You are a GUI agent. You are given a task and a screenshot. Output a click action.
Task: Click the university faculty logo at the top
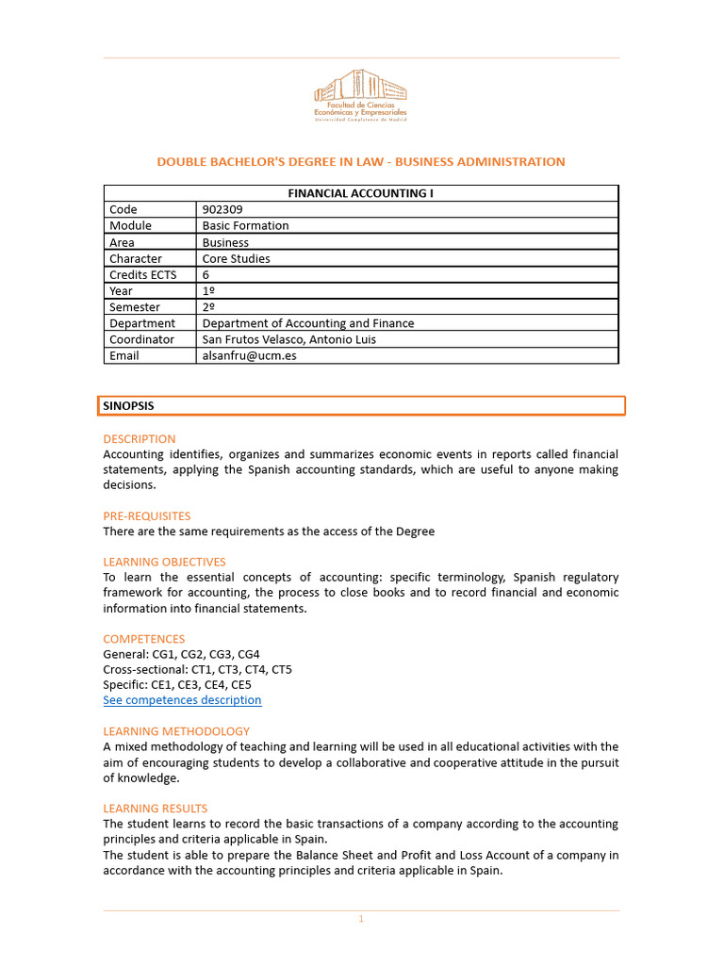(x=361, y=95)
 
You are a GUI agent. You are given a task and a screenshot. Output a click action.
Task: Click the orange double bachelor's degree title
(x=361, y=162)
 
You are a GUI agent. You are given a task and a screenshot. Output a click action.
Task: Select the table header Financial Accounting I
(x=361, y=193)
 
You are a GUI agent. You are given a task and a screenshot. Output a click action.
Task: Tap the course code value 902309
(x=223, y=209)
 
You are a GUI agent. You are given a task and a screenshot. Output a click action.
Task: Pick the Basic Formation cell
(x=246, y=226)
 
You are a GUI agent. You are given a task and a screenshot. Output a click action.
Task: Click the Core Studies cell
(x=237, y=258)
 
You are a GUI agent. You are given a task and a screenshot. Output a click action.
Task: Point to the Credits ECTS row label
(x=143, y=274)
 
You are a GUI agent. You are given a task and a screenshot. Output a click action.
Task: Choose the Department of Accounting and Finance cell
(x=308, y=323)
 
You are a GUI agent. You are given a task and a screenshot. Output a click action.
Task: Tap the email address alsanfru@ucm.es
(x=249, y=356)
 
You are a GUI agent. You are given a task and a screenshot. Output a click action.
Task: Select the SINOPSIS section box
(x=361, y=406)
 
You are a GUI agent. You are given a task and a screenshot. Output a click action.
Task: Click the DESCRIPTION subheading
(x=140, y=439)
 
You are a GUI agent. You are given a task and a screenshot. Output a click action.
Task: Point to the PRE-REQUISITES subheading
(x=147, y=516)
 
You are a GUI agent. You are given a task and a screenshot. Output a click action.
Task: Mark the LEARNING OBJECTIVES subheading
(x=164, y=563)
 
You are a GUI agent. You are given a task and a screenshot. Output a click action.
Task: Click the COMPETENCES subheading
(x=144, y=639)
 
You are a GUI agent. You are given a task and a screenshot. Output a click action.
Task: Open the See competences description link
(x=182, y=700)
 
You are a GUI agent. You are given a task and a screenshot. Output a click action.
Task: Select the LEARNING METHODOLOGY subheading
(x=176, y=731)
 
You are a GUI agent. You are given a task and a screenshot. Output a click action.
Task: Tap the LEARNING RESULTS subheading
(x=156, y=809)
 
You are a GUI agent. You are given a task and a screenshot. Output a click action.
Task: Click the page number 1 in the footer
(x=360, y=920)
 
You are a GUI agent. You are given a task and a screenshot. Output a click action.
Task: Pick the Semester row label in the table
(x=135, y=307)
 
